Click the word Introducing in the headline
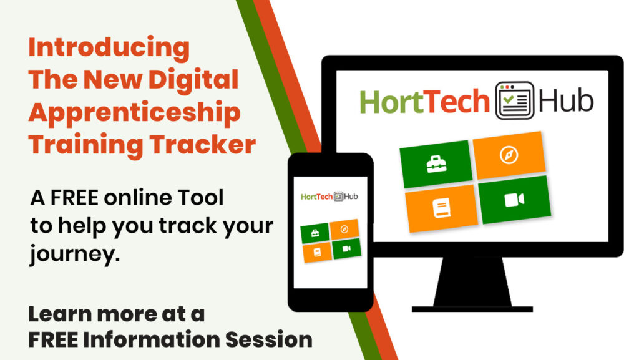109,48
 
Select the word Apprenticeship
134,113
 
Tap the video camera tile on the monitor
514,200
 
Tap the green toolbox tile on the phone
315,233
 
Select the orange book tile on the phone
317,252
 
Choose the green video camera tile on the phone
346,248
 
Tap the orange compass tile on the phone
344,229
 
